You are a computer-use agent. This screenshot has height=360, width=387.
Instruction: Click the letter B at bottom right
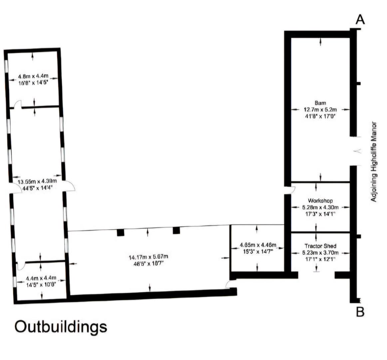tap(360, 312)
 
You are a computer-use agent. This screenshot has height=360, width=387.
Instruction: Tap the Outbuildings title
tap(61, 327)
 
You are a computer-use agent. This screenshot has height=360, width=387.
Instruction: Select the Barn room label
tap(320, 103)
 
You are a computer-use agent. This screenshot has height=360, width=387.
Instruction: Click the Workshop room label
tap(320, 201)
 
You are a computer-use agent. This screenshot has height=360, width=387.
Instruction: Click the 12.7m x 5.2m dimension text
tap(320, 109)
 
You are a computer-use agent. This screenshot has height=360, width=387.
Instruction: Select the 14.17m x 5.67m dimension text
tap(148, 257)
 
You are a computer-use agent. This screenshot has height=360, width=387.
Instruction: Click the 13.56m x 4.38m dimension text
tap(37, 181)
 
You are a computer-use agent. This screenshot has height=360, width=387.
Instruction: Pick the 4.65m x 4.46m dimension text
tap(258, 245)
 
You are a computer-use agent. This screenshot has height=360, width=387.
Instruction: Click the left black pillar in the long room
tap(121, 232)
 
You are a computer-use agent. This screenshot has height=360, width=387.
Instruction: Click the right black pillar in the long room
tap(176, 230)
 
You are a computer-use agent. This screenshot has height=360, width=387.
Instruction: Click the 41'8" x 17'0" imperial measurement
tap(320, 116)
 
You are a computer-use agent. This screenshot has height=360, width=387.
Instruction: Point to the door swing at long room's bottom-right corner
tap(229, 284)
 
